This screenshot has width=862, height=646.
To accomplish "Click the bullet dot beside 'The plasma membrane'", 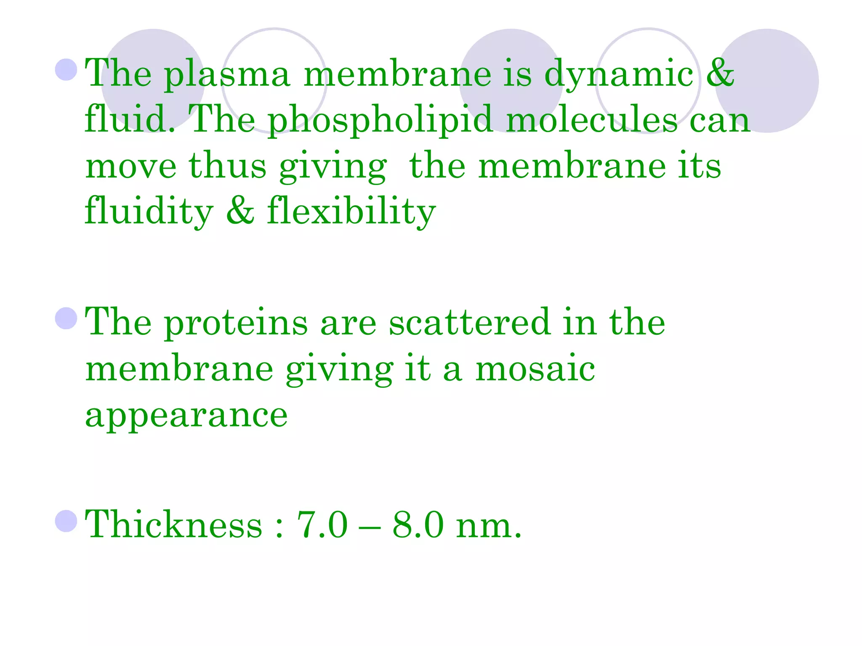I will (x=66, y=69).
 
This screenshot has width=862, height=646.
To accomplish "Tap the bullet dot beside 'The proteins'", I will (x=66, y=318).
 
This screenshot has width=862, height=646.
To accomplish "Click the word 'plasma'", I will (x=227, y=76).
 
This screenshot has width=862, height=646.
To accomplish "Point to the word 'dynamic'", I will (x=619, y=76).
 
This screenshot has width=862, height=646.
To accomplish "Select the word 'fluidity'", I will (x=149, y=212).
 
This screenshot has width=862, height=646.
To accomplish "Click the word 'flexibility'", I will (x=351, y=212).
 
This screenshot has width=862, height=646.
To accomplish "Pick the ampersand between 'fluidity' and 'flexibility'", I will (x=240, y=210).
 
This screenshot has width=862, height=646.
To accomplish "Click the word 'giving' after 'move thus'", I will (x=333, y=167).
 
